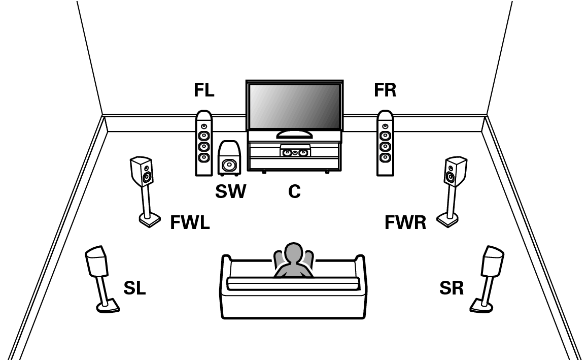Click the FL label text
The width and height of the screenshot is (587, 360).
(204, 90)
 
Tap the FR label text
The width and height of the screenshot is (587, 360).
(385, 90)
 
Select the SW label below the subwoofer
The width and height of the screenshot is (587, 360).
(230, 191)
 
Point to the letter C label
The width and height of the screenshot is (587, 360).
(294, 191)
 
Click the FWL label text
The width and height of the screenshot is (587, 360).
(189, 222)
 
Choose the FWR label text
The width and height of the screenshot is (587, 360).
(405, 222)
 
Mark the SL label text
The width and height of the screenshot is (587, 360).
(134, 288)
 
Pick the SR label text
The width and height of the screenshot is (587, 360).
(452, 288)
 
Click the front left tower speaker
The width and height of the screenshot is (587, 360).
(204, 144)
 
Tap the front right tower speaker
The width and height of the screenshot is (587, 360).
(385, 144)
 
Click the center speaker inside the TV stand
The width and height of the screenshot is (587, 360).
(295, 151)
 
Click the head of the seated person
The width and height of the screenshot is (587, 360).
(293, 253)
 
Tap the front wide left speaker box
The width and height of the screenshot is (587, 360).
(143, 172)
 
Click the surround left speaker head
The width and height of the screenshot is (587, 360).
(95, 261)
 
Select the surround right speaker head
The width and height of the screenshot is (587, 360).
(493, 260)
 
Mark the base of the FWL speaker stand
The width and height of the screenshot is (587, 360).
(149, 221)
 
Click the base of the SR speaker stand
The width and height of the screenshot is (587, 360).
(480, 305)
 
